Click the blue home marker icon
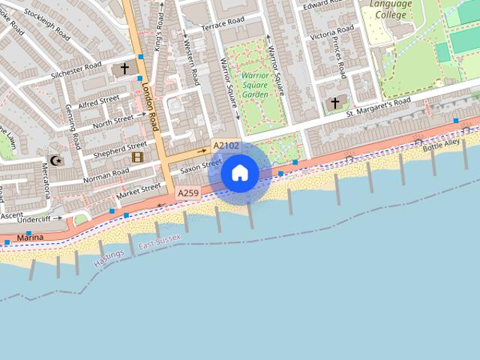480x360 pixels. point(240,172)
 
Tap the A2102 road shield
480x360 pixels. point(226,145)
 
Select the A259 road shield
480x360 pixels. point(188,193)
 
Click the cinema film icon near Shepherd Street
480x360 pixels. point(137,157)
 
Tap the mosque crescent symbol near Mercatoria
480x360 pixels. point(54,160)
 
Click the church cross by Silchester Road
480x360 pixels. point(124,69)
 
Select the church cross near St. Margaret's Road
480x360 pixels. point(334,103)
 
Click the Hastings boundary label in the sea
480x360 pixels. point(109,259)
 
